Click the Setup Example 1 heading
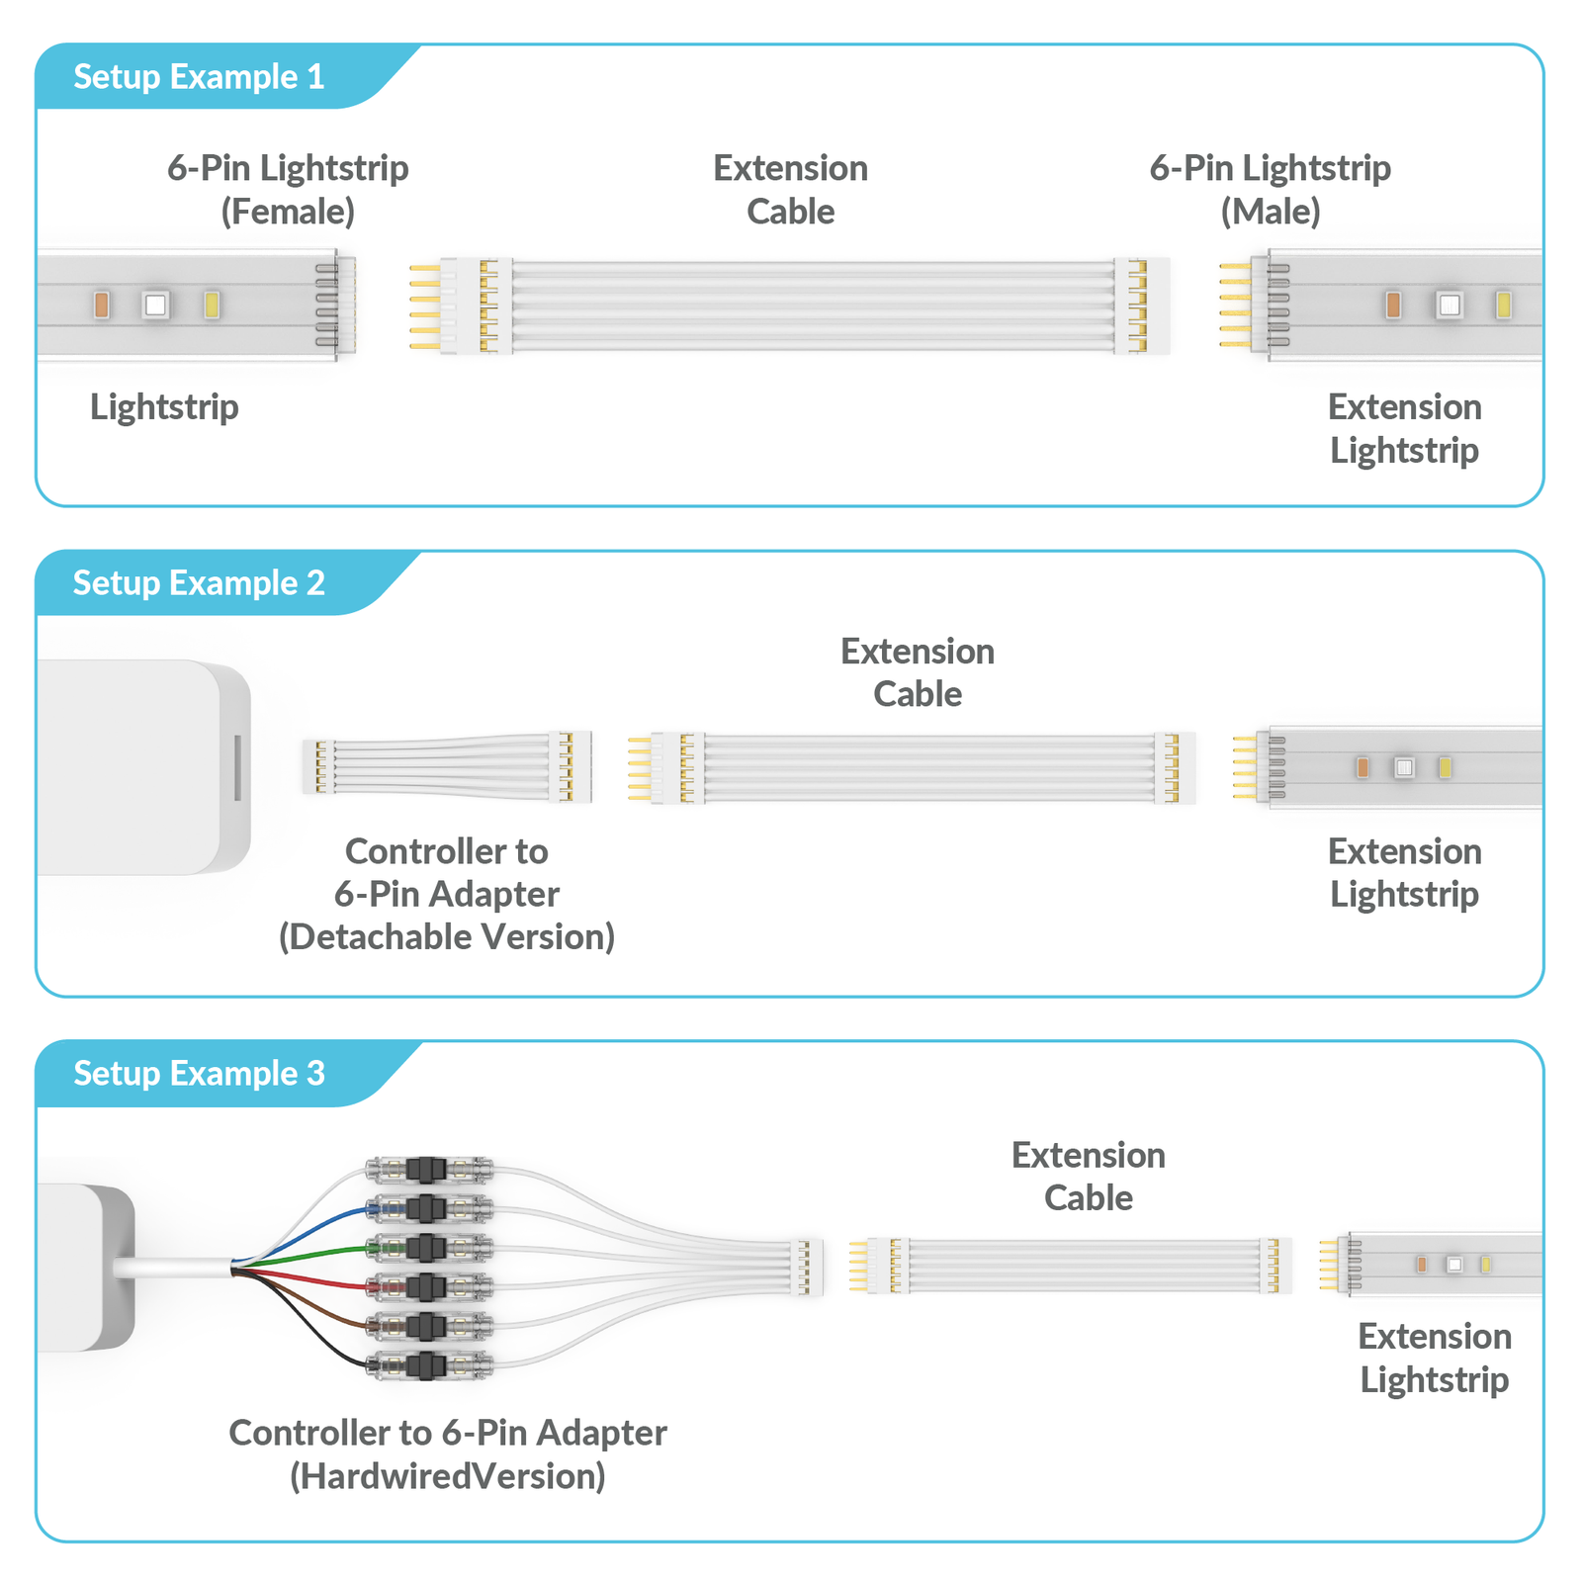pos(199,77)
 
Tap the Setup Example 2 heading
pos(199,583)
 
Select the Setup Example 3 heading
pos(199,1074)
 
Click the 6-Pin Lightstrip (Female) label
pos(288,189)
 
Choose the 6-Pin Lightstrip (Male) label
pos(1270,189)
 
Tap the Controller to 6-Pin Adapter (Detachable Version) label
pos(447,894)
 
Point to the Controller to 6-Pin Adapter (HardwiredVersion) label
pos(448,1453)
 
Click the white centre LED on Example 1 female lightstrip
pos(155,304)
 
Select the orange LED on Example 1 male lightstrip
pos(1393,305)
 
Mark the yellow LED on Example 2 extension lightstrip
pos(1445,767)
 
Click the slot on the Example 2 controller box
pos(237,767)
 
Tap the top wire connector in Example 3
pos(428,1171)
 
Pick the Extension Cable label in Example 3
pos(1088,1177)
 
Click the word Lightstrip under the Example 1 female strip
pos(164,407)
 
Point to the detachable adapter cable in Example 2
pos(445,767)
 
